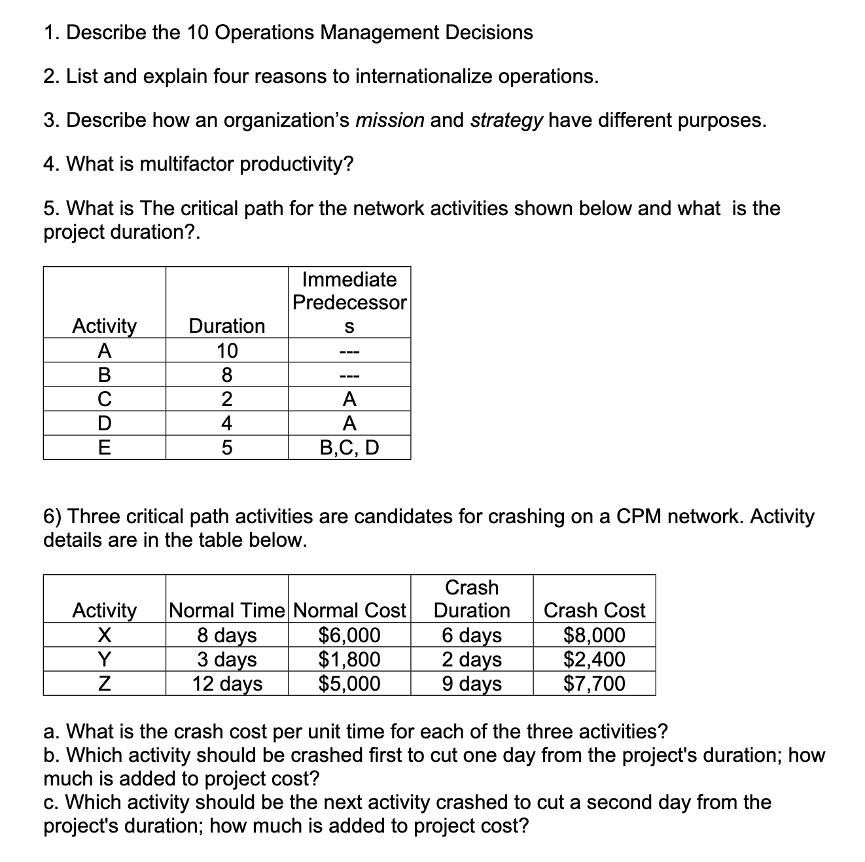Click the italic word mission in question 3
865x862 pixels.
pos(389,120)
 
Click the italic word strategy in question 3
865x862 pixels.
pos(506,120)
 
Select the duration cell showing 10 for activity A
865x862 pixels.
pos(226,351)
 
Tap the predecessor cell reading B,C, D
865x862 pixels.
pos(349,447)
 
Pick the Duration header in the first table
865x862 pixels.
pos(226,326)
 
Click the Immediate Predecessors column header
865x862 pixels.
pos(349,302)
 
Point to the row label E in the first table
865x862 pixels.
pos(104,447)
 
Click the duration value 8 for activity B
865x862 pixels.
pos(226,375)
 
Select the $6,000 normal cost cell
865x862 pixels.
pos(349,635)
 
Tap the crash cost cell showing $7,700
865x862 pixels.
pos(594,683)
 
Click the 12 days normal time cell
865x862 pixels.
pos(226,683)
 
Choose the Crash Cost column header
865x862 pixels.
pos(594,610)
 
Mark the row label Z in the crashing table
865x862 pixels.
pos(104,683)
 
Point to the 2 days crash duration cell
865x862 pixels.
pos(472,659)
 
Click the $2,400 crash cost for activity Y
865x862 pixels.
pos(594,659)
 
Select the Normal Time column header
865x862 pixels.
pos(227,610)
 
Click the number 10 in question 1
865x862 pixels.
pos(197,33)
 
